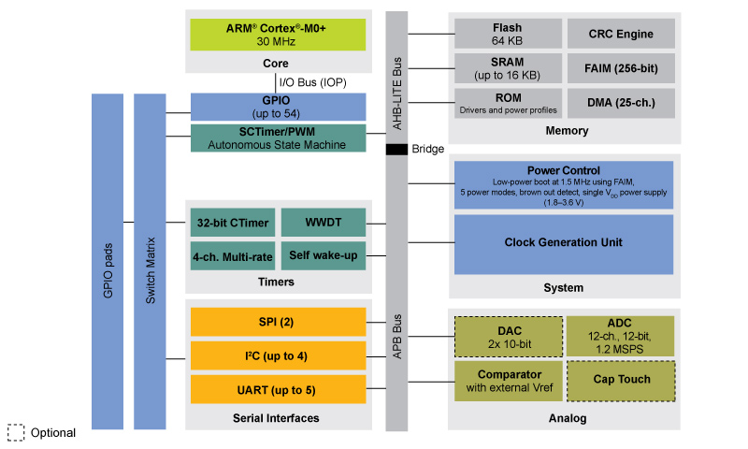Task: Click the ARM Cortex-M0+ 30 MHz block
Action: point(278,34)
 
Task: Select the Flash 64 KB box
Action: point(508,34)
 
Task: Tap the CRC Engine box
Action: point(621,34)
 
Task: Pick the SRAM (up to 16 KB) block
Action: point(508,67)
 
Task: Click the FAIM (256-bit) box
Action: point(621,67)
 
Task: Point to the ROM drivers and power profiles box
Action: point(508,103)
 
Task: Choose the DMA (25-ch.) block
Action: point(621,103)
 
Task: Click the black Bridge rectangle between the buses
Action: point(396,150)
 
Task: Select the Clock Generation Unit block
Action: point(563,243)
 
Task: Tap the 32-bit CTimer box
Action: point(233,223)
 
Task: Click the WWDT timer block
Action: point(323,223)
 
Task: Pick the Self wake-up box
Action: point(323,255)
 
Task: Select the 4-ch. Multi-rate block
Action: point(233,255)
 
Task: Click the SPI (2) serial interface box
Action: point(278,322)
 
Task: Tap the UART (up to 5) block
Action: point(278,388)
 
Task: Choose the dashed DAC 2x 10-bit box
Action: point(508,337)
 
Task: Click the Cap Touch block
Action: point(621,381)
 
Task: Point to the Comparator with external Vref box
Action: point(508,381)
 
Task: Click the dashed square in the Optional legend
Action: point(16,433)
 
